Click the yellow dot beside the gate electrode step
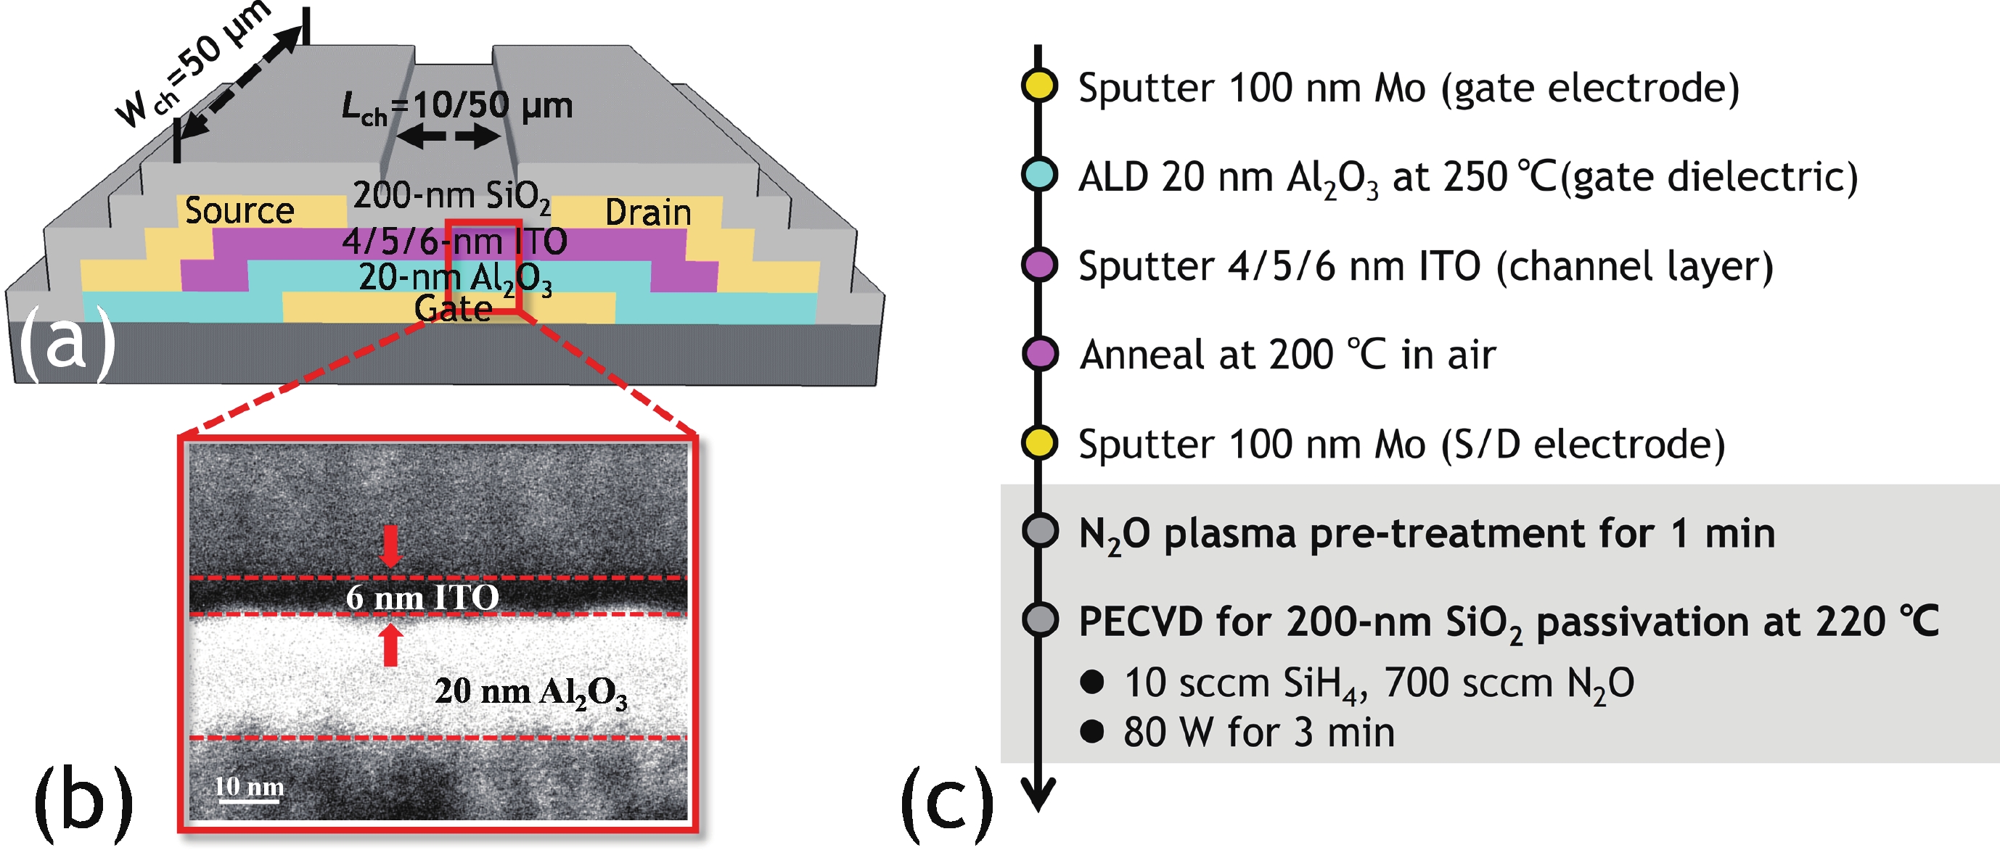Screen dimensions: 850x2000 pyautogui.click(x=1038, y=86)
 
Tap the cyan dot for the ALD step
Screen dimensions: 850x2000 pyautogui.click(x=1038, y=175)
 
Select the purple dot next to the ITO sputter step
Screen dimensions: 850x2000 pyautogui.click(x=1038, y=264)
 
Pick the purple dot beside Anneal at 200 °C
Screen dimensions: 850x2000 pyautogui.click(x=1038, y=353)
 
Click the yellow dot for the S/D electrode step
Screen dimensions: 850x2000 pyautogui.click(x=1038, y=442)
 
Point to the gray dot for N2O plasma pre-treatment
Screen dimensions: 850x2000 pyautogui.click(x=1038, y=532)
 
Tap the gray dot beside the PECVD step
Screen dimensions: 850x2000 pyautogui.click(x=1038, y=620)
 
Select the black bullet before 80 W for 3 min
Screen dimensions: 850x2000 pyautogui.click(x=1091, y=731)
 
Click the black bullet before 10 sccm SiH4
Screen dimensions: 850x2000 pyautogui.click(x=1091, y=682)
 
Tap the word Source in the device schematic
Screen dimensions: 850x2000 pyautogui.click(x=239, y=210)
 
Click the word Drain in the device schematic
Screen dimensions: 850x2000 pyautogui.click(x=647, y=212)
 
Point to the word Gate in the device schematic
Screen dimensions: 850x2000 pyautogui.click(x=454, y=309)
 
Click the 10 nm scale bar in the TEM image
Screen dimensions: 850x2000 pyautogui.click(x=248, y=799)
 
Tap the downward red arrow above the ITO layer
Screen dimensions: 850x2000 pyautogui.click(x=390, y=545)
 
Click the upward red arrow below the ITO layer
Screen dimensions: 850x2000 pyautogui.click(x=390, y=645)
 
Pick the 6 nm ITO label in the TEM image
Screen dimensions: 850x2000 pyautogui.click(x=422, y=597)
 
